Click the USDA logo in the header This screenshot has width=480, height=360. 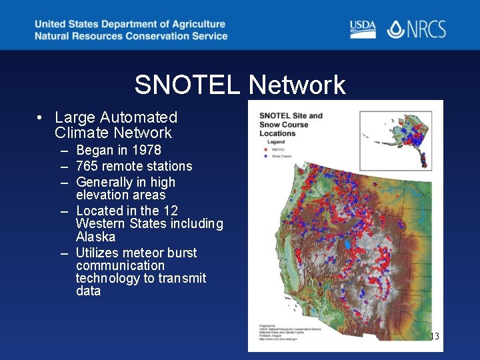[x=363, y=29]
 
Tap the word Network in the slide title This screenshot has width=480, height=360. [x=297, y=85]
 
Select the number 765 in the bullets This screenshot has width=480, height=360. [x=88, y=166]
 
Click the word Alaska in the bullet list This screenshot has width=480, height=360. [x=95, y=237]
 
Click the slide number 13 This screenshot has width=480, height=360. [x=434, y=336]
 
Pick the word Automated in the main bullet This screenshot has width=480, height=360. [x=139, y=118]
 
